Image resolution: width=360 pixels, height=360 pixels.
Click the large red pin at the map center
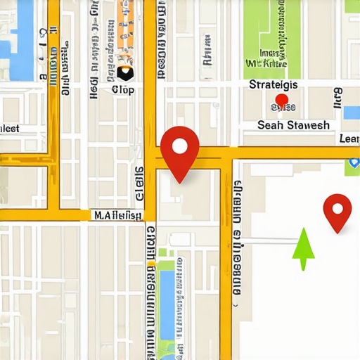click(x=180, y=152)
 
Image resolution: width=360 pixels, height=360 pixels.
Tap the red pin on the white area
click(x=337, y=211)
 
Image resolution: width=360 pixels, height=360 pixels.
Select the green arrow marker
click(x=303, y=247)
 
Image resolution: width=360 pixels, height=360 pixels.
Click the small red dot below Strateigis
click(x=281, y=100)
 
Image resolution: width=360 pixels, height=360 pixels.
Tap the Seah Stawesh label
click(x=293, y=125)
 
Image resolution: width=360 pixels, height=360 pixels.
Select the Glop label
click(x=122, y=89)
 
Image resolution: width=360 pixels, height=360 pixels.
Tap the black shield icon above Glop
click(x=125, y=72)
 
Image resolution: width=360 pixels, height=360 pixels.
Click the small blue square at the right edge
click(x=352, y=112)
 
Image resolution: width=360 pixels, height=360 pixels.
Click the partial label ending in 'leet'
click(x=10, y=129)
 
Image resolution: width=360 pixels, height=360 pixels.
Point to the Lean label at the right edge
click(x=349, y=139)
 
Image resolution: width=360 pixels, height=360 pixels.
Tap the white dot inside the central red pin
click(x=180, y=146)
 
